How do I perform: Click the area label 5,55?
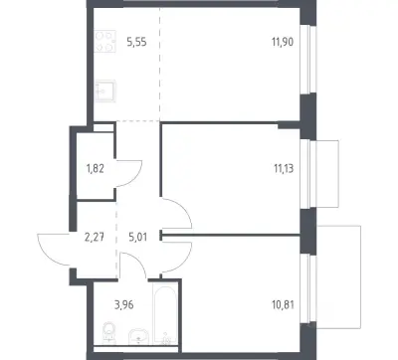(x=136, y=43)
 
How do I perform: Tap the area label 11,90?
(x=283, y=43)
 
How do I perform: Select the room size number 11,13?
(x=284, y=169)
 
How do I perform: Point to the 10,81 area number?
(x=284, y=304)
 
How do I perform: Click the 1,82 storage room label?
(x=96, y=169)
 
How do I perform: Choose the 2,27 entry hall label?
(x=95, y=238)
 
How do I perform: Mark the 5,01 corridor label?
(x=137, y=238)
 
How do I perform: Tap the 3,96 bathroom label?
(x=124, y=304)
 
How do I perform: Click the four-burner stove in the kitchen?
(x=104, y=41)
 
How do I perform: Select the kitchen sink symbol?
(x=104, y=90)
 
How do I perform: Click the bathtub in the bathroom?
(x=165, y=314)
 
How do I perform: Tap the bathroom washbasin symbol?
(x=138, y=336)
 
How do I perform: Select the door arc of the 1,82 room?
(x=136, y=177)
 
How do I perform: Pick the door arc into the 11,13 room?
(x=186, y=210)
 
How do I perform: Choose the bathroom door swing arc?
(x=139, y=262)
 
